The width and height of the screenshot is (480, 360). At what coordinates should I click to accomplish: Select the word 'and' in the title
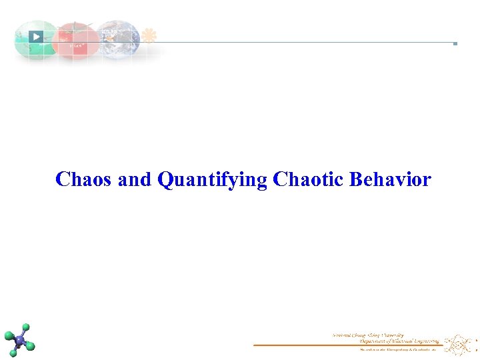(135, 180)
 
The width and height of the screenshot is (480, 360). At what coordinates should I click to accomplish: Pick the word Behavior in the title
(390, 180)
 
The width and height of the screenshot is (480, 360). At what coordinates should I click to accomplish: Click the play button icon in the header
(36, 37)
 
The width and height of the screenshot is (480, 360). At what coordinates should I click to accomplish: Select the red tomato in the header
(76, 41)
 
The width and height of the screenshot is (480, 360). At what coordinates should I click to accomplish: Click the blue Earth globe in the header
(118, 38)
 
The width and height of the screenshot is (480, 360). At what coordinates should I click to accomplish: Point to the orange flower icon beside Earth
(149, 36)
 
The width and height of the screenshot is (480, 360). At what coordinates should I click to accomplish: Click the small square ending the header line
(455, 43)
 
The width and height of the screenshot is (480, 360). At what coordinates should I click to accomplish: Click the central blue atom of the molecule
(20, 341)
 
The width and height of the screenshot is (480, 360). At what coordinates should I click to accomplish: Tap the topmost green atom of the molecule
(25, 328)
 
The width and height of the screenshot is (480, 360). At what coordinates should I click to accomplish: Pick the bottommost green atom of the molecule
(13, 353)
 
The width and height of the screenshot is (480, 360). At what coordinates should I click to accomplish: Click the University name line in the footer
(368, 335)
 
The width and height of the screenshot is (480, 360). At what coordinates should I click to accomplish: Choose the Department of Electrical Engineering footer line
(387, 340)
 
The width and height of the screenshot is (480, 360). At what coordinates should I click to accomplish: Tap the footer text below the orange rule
(397, 349)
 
